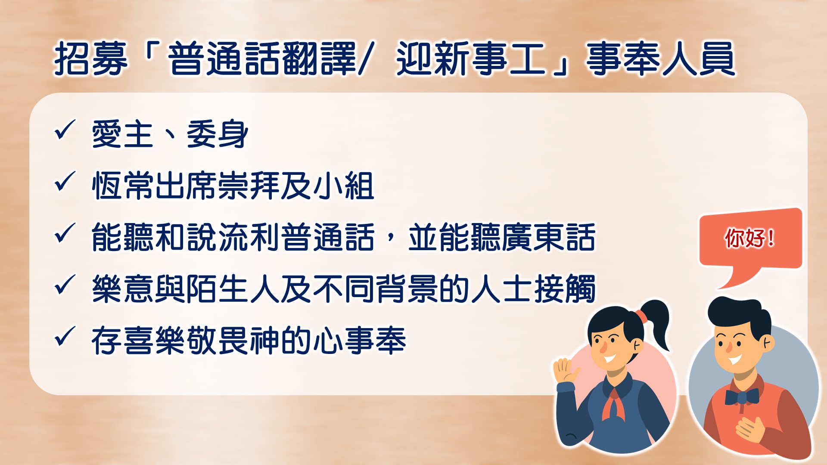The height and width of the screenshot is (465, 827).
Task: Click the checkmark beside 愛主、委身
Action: click(x=65, y=130)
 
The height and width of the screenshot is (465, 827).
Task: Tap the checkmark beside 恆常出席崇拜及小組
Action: click(x=65, y=182)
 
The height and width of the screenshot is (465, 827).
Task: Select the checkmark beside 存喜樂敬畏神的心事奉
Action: click(x=65, y=337)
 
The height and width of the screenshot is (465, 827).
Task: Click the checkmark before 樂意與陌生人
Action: click(x=65, y=285)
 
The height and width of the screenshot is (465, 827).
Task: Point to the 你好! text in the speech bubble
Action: click(x=750, y=238)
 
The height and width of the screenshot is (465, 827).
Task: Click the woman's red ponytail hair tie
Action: click(x=640, y=316)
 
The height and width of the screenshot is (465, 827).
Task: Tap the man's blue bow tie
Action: click(x=742, y=397)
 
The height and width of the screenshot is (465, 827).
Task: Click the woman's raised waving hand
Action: click(x=565, y=371)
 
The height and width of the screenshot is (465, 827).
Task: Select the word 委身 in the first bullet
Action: click(x=218, y=134)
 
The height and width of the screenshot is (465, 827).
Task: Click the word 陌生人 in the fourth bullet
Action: click(x=233, y=289)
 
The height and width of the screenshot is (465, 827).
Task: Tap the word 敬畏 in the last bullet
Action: click(x=218, y=341)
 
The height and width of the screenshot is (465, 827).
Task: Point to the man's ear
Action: click(x=767, y=343)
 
